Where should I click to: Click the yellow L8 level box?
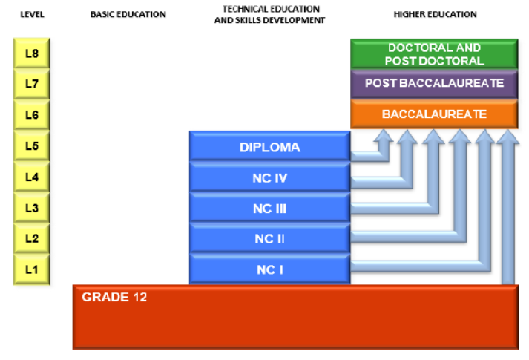(x=31, y=53)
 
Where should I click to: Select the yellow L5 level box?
(x=31, y=145)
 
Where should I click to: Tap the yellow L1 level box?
(x=31, y=269)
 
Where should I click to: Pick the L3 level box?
(x=31, y=208)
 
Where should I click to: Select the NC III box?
(x=269, y=208)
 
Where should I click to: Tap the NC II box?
(x=269, y=238)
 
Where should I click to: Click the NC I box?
(x=269, y=269)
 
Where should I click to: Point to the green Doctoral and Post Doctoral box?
(x=434, y=54)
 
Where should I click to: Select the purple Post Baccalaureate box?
(x=434, y=84)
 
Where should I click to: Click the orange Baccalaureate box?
(x=434, y=114)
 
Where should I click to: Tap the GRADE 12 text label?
(x=114, y=297)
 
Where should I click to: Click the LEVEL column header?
(x=32, y=14)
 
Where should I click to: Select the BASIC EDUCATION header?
(x=128, y=14)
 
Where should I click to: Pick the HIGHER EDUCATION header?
(x=436, y=14)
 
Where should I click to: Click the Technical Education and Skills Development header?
(x=270, y=15)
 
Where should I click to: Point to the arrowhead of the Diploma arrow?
(x=384, y=135)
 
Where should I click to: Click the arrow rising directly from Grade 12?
(x=507, y=207)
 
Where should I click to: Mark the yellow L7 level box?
(x=31, y=84)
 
